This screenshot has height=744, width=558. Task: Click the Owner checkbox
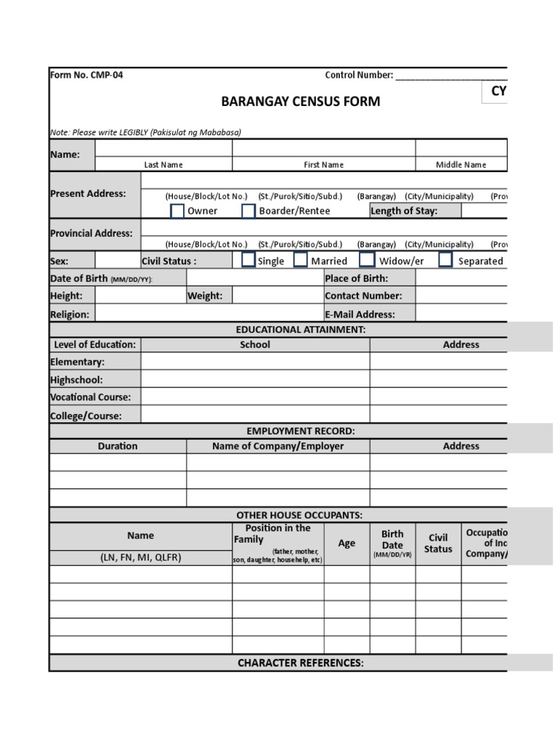(x=177, y=211)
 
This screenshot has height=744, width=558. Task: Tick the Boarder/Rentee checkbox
(x=248, y=211)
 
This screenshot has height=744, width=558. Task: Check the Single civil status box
(x=248, y=260)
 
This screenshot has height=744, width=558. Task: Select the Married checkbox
(x=301, y=260)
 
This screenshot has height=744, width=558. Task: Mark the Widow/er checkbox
(x=368, y=260)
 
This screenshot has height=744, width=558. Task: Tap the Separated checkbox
(x=446, y=260)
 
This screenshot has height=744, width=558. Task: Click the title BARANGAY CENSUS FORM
(x=300, y=101)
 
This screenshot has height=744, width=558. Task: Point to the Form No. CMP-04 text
(x=86, y=75)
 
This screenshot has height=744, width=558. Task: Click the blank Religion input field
(x=209, y=314)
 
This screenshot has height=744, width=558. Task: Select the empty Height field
(x=141, y=296)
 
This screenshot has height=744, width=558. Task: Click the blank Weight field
(x=278, y=296)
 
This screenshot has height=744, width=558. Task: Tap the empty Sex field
(x=118, y=261)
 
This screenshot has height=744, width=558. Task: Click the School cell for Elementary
(x=255, y=362)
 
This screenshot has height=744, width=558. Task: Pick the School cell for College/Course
(x=255, y=416)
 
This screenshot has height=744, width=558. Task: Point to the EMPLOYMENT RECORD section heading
(x=300, y=431)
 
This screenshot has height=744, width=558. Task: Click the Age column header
(x=347, y=543)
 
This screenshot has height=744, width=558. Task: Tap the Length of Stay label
(x=404, y=211)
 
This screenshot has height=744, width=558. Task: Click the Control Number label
(x=359, y=75)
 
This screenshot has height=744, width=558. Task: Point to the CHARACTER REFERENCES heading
(x=300, y=663)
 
